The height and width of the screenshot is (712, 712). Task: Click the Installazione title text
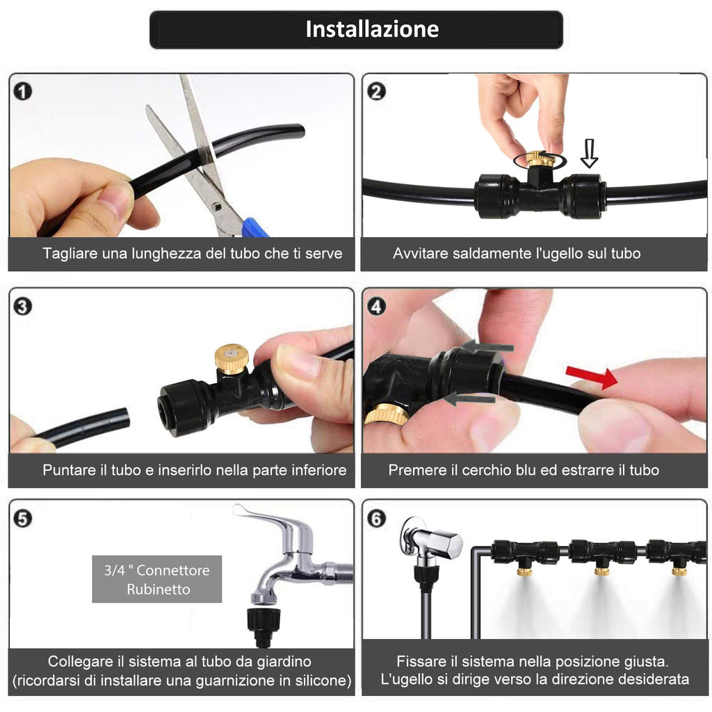pyautogui.click(x=372, y=29)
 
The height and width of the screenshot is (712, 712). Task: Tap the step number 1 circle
pyautogui.click(x=23, y=91)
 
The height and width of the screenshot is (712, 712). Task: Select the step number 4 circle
pyautogui.click(x=376, y=307)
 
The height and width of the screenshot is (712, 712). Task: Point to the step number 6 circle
pyautogui.click(x=376, y=518)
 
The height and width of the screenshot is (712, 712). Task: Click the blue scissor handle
pyautogui.click(x=254, y=228)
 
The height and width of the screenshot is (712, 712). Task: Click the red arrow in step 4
pyautogui.click(x=592, y=377)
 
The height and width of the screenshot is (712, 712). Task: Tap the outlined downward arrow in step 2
pyautogui.click(x=589, y=154)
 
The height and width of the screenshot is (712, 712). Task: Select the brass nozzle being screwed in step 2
pyautogui.click(x=539, y=159)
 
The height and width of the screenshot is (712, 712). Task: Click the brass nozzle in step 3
pyautogui.click(x=232, y=358)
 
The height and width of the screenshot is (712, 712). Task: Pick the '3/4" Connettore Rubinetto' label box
pyautogui.click(x=157, y=579)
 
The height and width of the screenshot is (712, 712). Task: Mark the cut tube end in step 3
pyautogui.click(x=124, y=418)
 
